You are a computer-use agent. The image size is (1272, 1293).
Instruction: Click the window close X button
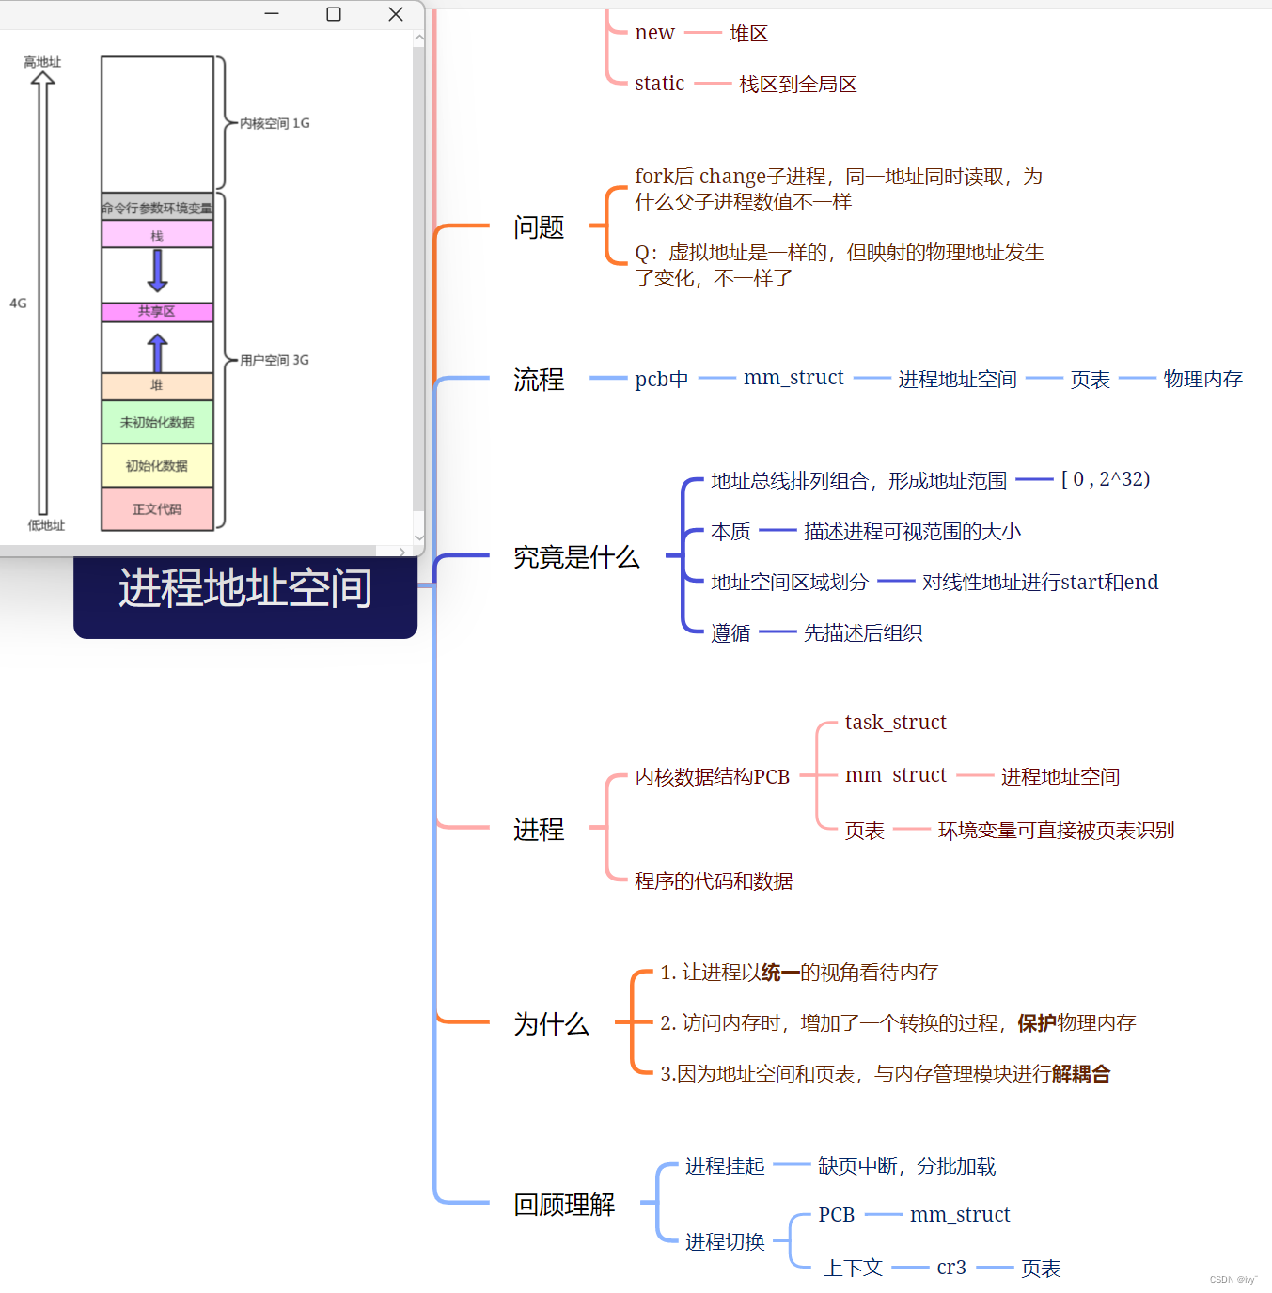(x=396, y=14)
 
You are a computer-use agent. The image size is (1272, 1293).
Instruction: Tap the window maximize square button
(x=333, y=14)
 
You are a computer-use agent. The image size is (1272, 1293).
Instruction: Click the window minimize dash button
(x=272, y=13)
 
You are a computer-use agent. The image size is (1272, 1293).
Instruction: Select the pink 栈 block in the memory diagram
(x=157, y=235)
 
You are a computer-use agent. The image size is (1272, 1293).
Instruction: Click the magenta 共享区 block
(x=157, y=311)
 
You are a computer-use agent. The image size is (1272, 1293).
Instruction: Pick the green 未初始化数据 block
(x=157, y=422)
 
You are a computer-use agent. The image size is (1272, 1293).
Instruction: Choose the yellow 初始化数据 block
(x=157, y=466)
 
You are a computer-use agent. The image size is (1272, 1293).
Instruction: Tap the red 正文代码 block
(x=157, y=508)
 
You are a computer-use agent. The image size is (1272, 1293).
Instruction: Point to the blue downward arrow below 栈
(x=157, y=271)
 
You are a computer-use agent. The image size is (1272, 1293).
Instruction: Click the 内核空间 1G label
(x=275, y=123)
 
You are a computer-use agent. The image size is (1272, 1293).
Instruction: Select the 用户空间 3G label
(x=275, y=360)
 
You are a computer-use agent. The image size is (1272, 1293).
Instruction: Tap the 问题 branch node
(x=539, y=227)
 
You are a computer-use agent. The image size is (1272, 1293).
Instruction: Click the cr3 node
(x=951, y=1268)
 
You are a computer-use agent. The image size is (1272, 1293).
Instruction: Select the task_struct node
(x=895, y=723)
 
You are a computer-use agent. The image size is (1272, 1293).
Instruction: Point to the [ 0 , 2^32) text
(x=1106, y=479)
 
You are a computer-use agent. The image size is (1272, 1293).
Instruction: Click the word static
(x=660, y=84)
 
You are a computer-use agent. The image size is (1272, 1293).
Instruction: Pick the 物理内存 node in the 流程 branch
(x=1202, y=379)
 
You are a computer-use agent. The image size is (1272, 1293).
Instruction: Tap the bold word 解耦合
(x=1080, y=1074)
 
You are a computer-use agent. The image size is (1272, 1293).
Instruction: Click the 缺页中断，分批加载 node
(x=906, y=1166)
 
